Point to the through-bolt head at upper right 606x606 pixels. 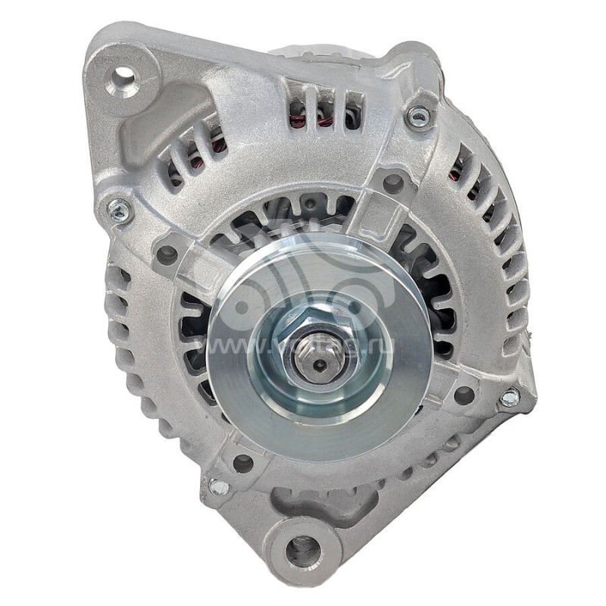(417, 116)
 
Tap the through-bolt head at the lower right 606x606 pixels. (510, 397)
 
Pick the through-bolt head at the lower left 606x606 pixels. (218, 486)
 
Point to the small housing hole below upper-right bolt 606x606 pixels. (392, 183)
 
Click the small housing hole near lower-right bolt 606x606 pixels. (464, 394)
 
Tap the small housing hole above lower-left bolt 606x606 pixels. (242, 463)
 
